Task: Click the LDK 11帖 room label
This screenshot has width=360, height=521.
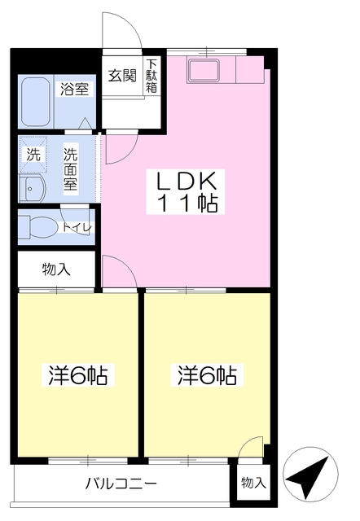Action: [186, 192]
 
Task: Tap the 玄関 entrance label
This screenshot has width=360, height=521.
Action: [122, 76]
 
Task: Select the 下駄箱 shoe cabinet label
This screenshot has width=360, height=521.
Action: [151, 76]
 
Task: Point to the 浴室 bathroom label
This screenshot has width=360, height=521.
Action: [74, 89]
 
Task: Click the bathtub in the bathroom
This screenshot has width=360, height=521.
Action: [36, 102]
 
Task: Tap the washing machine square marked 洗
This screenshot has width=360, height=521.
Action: [33, 154]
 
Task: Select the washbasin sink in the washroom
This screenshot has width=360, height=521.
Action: [33, 188]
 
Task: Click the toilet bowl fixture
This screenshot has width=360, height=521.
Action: [37, 227]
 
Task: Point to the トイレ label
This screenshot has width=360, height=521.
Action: [77, 228]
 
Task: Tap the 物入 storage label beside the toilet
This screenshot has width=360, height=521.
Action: [56, 269]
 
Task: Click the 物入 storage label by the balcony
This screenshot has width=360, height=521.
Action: [253, 483]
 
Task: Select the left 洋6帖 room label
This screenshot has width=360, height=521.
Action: [78, 375]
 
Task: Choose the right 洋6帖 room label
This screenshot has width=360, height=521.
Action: [207, 375]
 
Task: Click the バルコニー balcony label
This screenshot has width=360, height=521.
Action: [121, 483]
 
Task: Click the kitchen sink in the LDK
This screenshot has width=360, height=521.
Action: [204, 71]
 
